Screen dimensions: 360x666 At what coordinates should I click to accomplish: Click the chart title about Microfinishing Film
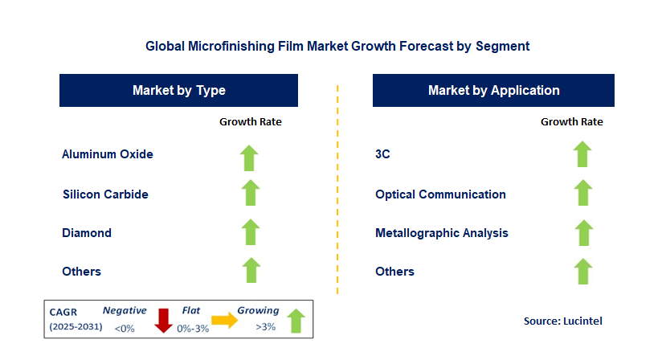coord(337,46)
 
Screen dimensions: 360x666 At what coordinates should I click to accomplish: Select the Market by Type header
coord(178,90)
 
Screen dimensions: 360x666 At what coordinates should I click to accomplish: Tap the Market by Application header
coord(493,90)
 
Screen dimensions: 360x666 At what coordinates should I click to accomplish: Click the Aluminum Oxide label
coord(108,154)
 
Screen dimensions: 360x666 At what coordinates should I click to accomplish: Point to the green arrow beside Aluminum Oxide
coord(251,157)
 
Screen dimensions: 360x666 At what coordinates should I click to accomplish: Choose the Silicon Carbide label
coord(105,194)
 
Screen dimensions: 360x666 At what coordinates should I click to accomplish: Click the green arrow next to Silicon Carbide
coord(251,193)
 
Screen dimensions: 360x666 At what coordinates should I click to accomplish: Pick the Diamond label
coord(87,233)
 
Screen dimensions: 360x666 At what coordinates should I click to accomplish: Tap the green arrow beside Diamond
coord(251,231)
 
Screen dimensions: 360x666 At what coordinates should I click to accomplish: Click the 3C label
coord(382,154)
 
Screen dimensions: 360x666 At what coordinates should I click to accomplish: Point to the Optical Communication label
coord(440,194)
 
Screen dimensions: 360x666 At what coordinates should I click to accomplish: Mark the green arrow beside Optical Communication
coord(582,193)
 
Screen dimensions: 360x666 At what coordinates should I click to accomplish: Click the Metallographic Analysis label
coord(442,233)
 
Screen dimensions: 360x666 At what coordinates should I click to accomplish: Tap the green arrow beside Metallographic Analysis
coord(582,231)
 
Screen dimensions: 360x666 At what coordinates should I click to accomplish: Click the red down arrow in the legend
coord(164,320)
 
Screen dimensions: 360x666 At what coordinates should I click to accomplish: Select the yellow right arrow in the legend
coord(224,321)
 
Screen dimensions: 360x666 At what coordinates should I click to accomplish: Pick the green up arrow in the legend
coord(295,320)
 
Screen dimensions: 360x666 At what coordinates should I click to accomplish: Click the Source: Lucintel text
coord(563,321)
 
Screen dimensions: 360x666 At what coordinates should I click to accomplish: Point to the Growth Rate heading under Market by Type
coord(251,122)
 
